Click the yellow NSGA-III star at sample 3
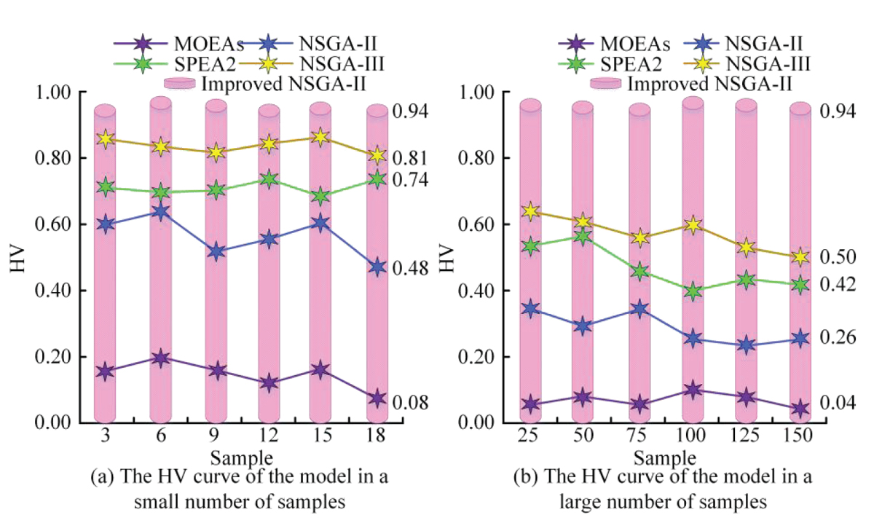[106, 138]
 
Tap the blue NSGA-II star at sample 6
[160, 212]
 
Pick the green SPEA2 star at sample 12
[269, 178]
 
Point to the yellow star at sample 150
[800, 256]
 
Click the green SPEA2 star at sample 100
[693, 291]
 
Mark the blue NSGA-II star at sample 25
[530, 309]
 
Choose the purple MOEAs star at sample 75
[639, 404]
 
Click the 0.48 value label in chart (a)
[411, 268]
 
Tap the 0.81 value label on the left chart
[411, 158]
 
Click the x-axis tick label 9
[215, 443]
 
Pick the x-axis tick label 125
[746, 443]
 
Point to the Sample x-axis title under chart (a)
[242, 459]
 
